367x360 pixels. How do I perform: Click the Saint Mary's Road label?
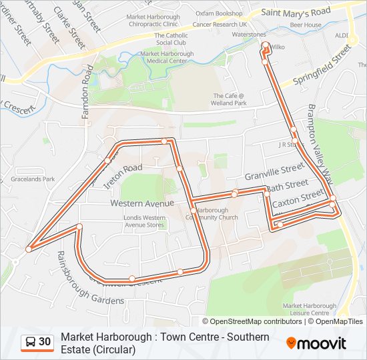[296, 12]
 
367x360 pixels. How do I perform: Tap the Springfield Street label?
[318, 67]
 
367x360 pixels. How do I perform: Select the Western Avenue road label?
[142, 203]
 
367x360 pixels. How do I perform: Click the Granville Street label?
[274, 174]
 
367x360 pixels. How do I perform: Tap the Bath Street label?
[288, 185]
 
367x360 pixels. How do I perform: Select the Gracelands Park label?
[33, 179]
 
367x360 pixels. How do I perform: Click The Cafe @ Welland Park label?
[230, 99]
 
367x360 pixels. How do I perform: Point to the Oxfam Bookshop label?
[219, 13]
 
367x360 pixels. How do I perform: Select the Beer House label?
[308, 25]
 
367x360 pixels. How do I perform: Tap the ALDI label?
[342, 35]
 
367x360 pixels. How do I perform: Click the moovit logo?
[316, 343]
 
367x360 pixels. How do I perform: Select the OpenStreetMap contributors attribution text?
[256, 321]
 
